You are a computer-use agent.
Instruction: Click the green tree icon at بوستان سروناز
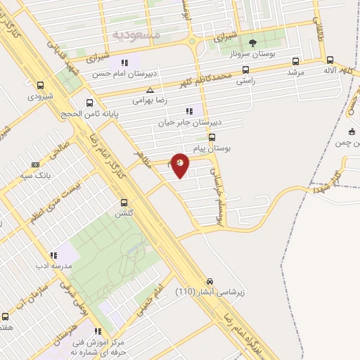click(243, 43)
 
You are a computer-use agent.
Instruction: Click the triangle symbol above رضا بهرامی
click(149, 90)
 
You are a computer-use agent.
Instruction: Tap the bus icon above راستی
click(245, 70)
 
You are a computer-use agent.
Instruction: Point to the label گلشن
click(124, 212)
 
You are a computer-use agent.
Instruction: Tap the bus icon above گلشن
click(124, 200)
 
